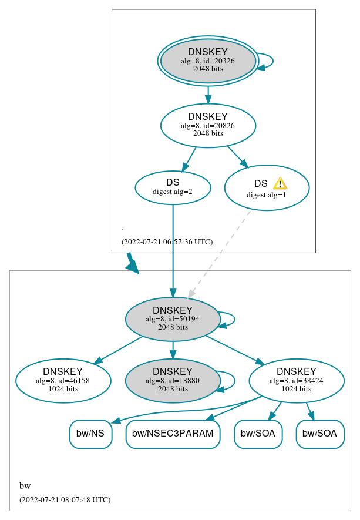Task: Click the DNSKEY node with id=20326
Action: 208,61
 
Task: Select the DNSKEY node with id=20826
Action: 208,125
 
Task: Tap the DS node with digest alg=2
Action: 173,187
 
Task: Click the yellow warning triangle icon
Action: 280,183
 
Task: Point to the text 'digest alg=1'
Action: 266,195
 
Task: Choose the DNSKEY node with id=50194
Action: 173,319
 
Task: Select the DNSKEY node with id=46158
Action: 63,381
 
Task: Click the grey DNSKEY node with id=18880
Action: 173,381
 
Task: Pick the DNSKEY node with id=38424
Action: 297,381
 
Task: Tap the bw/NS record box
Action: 90,434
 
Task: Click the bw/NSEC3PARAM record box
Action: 173,434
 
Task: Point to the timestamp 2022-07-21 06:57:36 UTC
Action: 167,242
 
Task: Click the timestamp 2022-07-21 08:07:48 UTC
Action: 65,500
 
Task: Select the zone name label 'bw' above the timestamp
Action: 25,486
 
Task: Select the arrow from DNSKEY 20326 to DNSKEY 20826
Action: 208,94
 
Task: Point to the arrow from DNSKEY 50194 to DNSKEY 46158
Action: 117,350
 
